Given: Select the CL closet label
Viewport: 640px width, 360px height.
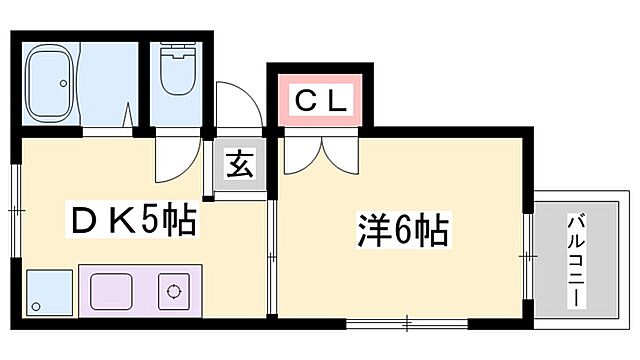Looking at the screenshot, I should pyautogui.click(x=320, y=100).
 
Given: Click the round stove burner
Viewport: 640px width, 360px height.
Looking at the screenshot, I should pyautogui.click(x=174, y=293).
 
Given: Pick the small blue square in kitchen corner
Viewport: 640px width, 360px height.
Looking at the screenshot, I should pyautogui.click(x=46, y=292).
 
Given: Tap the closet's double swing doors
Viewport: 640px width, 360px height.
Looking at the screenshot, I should pyautogui.click(x=320, y=150).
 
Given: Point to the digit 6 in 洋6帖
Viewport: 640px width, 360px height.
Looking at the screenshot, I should pyautogui.click(x=398, y=232).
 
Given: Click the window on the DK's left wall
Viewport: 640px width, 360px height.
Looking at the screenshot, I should pyautogui.click(x=17, y=210).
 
